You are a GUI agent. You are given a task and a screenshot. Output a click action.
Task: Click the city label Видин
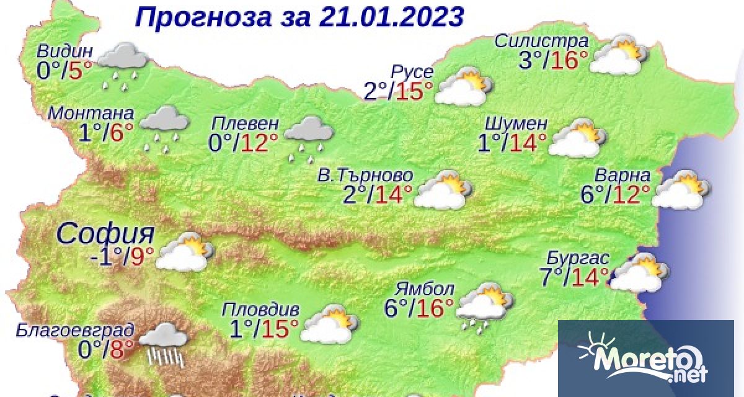(x=64, y=51)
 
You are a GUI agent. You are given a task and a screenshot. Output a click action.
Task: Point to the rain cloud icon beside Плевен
(x=309, y=136)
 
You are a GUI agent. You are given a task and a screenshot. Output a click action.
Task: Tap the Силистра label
(x=541, y=42)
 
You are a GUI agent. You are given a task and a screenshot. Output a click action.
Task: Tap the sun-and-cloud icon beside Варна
(x=681, y=191)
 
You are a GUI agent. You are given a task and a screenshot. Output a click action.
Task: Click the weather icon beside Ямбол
(x=485, y=306)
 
